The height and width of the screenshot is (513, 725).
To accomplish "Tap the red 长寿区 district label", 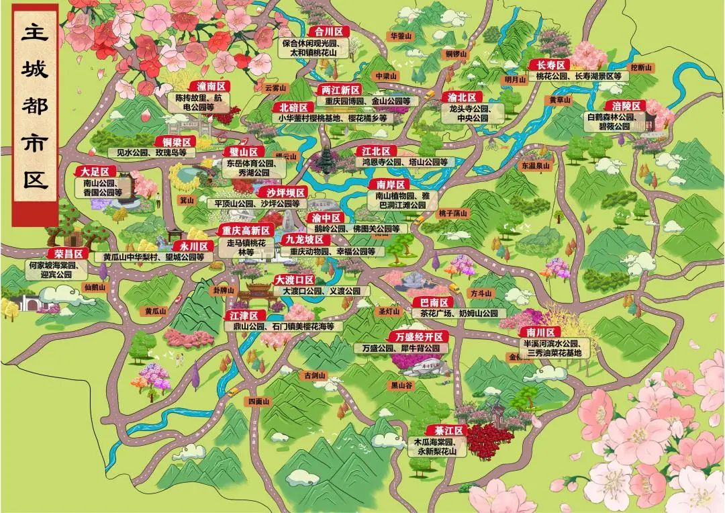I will point(549,64).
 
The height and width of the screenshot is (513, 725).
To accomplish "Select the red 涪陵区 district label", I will point(624,105).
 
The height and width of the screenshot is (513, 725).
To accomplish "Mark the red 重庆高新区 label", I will point(246,230).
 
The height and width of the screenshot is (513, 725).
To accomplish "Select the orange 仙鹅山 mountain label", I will point(95,287).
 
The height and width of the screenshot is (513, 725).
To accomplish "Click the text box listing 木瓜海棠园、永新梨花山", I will point(435,447).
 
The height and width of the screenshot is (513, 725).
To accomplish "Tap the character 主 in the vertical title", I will point(35,35).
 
